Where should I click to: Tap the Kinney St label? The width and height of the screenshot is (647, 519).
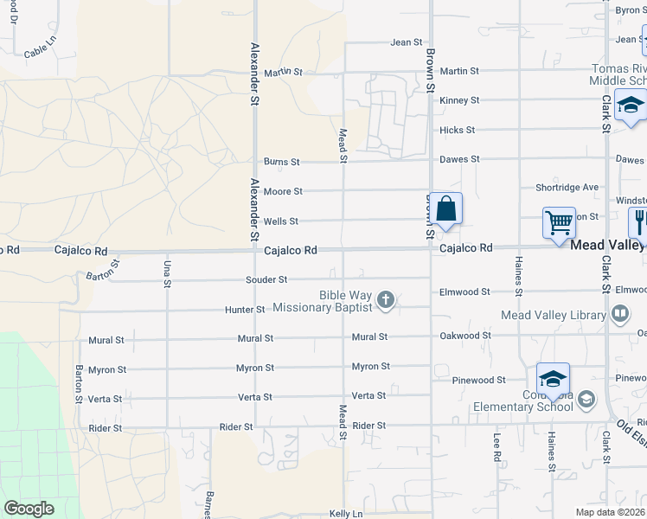click(x=459, y=101)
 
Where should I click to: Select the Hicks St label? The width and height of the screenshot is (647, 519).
click(x=457, y=131)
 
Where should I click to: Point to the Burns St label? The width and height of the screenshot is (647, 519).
click(x=282, y=162)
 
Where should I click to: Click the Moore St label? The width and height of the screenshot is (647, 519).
click(x=283, y=191)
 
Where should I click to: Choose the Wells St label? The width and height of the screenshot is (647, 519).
click(x=280, y=221)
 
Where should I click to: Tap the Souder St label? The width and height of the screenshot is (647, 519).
click(x=266, y=279)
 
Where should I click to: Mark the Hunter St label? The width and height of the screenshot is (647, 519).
click(x=245, y=310)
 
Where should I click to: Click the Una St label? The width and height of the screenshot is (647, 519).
click(x=167, y=272)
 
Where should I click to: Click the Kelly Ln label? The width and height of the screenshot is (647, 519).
click(x=346, y=514)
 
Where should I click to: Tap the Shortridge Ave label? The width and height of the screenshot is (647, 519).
click(x=567, y=187)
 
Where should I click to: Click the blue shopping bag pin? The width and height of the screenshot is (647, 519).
click(x=445, y=210)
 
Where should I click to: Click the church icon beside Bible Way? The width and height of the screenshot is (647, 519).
click(x=386, y=301)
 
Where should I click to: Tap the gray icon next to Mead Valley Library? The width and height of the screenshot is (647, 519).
click(x=619, y=314)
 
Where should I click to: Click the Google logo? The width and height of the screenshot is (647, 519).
click(x=29, y=509)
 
